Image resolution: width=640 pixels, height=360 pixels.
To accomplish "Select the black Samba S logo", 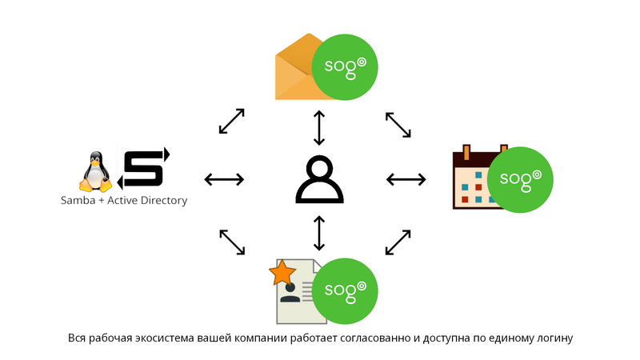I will pos(144,167).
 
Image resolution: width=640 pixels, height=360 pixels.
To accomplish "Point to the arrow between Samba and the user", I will pos(223,179).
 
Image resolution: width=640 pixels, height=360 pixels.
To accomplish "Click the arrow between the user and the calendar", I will pos(406,179).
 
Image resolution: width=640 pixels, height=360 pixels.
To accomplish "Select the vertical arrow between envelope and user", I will pos(319,127).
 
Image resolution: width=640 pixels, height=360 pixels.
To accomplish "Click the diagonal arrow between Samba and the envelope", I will pos(231,122).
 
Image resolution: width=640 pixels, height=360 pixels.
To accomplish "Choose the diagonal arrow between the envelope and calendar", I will pos(398,124).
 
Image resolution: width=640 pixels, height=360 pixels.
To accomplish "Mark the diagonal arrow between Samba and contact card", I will pos(231,242).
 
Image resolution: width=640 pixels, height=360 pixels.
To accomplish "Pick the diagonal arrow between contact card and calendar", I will pos(398,242).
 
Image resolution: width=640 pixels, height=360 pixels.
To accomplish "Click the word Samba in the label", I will pos(78,200).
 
